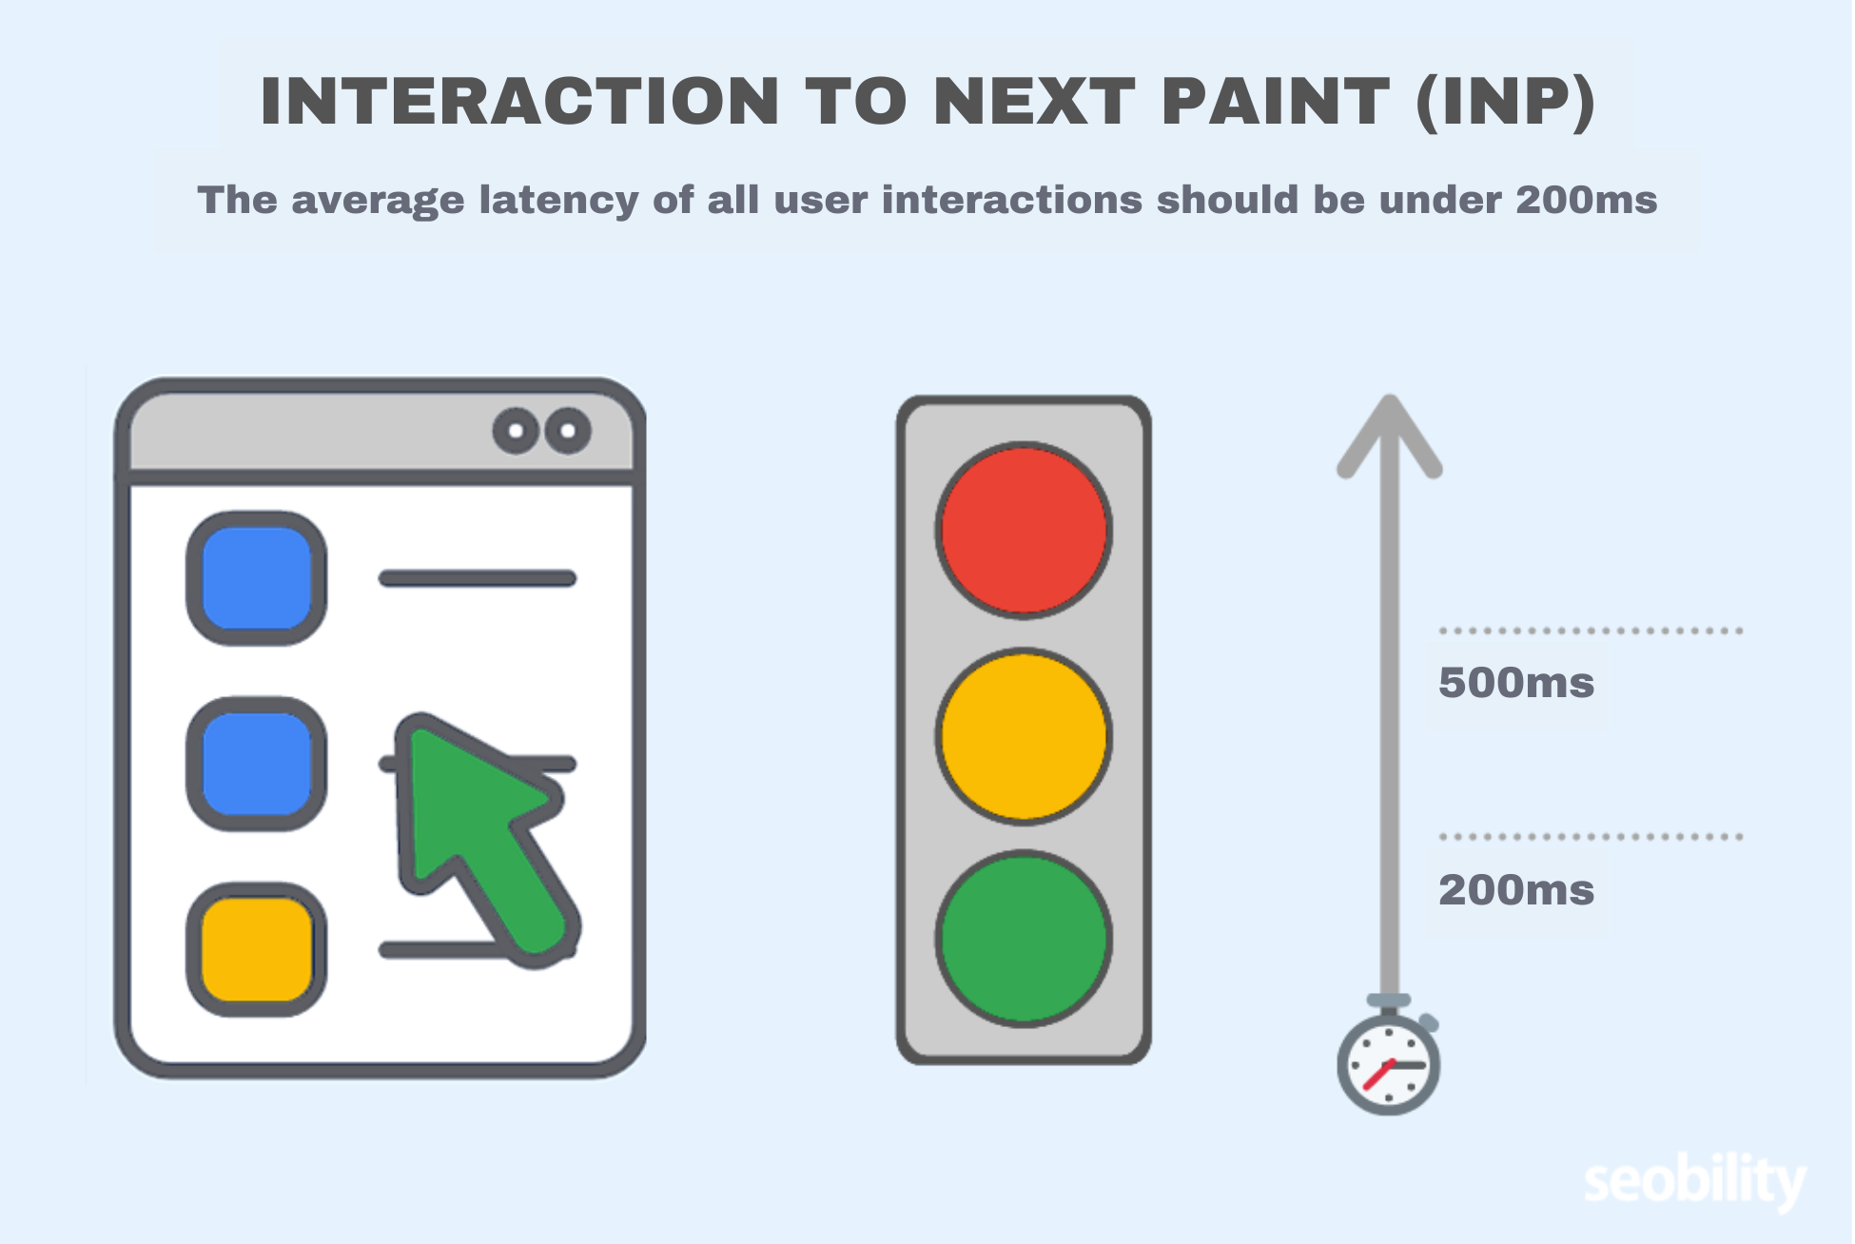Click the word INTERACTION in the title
tap(519, 101)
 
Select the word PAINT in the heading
tap(1276, 101)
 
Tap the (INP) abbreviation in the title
tap(1505, 101)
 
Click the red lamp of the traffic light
tap(1024, 530)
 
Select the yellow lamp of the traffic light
tap(1024, 736)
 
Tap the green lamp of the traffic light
tap(1024, 938)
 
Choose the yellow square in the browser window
tap(257, 949)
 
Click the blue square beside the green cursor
tap(257, 764)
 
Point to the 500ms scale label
tap(1516, 683)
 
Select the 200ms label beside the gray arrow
tap(1516, 890)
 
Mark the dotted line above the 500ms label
tap(1591, 631)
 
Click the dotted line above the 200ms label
tap(1591, 837)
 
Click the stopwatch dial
tap(1389, 1065)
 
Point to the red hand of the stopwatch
tap(1377, 1076)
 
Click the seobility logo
tap(1694, 1182)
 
